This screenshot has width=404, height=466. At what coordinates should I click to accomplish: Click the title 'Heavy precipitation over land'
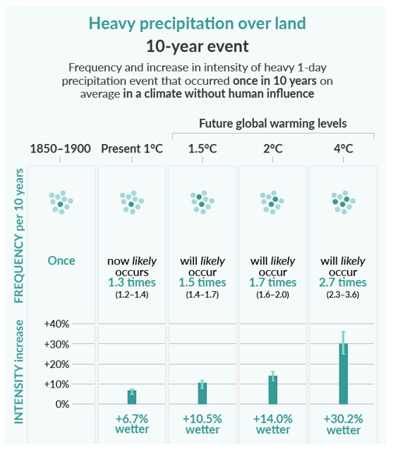click(x=198, y=23)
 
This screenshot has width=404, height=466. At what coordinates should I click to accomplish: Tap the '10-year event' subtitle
click(x=198, y=47)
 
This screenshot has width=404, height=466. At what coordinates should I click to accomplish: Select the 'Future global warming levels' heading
click(x=273, y=124)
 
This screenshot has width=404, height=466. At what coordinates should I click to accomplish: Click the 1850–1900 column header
click(x=61, y=149)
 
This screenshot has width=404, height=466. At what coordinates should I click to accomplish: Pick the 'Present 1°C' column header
click(x=132, y=149)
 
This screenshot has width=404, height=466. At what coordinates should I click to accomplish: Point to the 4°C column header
click(x=343, y=149)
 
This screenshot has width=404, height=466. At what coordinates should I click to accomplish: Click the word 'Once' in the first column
click(x=61, y=261)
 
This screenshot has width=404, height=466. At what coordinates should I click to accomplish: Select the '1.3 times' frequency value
click(x=132, y=282)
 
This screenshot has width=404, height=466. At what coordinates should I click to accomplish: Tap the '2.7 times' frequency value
click(x=343, y=282)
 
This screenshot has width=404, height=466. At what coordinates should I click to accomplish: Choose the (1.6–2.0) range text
click(x=272, y=295)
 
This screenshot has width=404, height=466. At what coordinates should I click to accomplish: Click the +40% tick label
click(x=57, y=324)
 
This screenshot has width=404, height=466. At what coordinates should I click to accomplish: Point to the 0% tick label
click(x=62, y=405)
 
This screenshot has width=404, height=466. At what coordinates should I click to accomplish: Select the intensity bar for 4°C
click(x=343, y=374)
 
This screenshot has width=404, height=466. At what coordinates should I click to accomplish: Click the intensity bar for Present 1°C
click(x=132, y=398)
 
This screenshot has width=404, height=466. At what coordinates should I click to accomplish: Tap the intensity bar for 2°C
click(x=273, y=390)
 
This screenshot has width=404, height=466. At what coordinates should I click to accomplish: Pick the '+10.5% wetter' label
click(x=202, y=424)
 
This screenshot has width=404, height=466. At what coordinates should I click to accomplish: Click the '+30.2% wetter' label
click(x=343, y=424)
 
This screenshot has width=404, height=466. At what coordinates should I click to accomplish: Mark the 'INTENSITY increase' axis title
click(x=19, y=372)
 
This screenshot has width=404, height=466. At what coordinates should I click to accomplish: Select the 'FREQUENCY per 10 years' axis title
click(x=19, y=236)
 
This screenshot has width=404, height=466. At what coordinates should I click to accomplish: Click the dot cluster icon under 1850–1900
click(x=61, y=202)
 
